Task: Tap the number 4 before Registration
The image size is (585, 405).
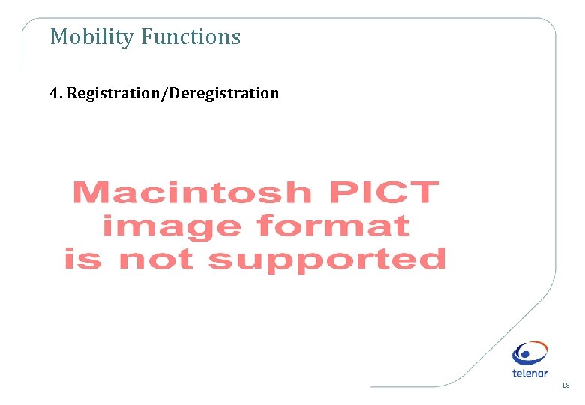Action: click(x=54, y=93)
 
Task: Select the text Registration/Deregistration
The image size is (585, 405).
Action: click(x=172, y=93)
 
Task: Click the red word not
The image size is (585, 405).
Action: click(x=159, y=259)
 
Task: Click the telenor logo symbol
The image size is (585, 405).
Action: click(x=530, y=353)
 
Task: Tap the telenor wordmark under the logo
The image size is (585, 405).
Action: click(x=530, y=373)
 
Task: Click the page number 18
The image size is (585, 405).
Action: click(x=565, y=385)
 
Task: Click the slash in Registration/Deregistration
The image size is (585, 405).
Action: click(x=166, y=93)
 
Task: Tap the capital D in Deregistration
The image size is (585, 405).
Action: click(x=175, y=93)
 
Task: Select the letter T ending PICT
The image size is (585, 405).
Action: click(x=424, y=192)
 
